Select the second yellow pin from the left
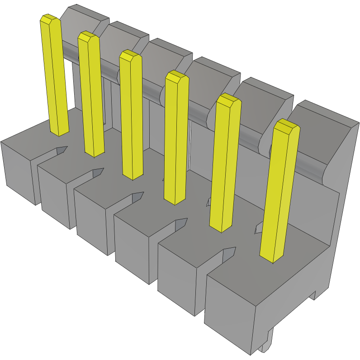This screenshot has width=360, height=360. (90, 95)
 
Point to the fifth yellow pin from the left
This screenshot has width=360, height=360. (225, 163)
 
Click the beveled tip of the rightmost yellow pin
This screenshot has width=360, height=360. (287, 127)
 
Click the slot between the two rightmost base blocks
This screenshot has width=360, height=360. (219, 258)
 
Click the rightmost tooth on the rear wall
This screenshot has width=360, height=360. (321, 122)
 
